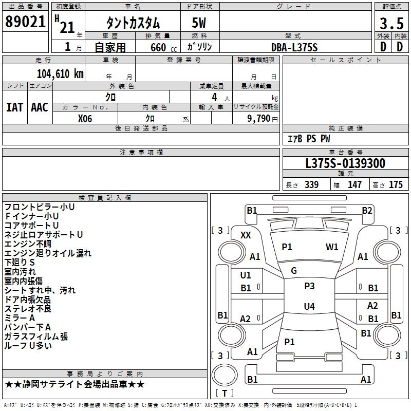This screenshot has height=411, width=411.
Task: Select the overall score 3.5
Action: [391, 24]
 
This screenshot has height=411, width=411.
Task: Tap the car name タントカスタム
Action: [133, 23]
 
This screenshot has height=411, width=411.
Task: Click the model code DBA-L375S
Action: [294, 47]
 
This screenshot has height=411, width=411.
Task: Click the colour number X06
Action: [85, 118]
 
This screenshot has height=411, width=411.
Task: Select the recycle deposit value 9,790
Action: [259, 118]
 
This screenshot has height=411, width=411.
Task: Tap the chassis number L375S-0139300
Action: [345, 163]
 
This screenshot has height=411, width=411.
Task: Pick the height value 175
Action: [396, 185]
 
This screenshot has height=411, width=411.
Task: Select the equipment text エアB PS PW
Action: [308, 139]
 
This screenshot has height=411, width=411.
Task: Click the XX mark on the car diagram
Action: [246, 235]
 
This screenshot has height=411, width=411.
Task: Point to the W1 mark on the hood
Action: [332, 247]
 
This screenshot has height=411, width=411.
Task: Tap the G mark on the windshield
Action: [294, 270]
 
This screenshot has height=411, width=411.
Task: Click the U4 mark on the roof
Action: [309, 307]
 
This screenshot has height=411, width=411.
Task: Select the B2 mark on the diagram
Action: [367, 210]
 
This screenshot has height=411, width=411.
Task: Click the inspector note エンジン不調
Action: [28, 244]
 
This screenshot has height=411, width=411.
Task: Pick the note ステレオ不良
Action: [28, 309]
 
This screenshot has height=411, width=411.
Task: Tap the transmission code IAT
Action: [14, 107]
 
